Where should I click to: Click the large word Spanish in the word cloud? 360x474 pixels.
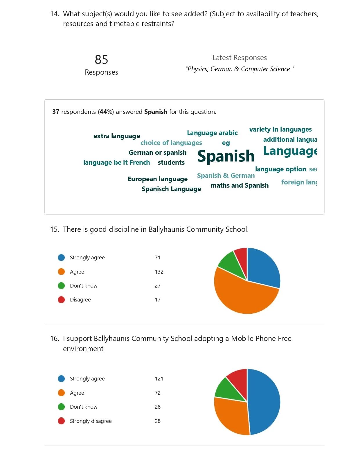[x=226, y=156]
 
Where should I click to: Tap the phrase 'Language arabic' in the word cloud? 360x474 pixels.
[x=212, y=133]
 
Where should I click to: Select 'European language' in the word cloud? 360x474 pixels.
[x=158, y=179]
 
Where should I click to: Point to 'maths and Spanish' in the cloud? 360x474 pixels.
[x=240, y=185]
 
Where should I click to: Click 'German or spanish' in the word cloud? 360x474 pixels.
[x=157, y=152]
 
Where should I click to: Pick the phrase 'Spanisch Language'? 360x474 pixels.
[x=171, y=189]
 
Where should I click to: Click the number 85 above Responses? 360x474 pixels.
[x=101, y=60]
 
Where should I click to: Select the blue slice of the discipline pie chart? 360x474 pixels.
[x=263, y=269]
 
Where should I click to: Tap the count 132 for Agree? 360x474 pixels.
[x=159, y=272]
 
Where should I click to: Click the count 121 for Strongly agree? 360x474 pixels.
[x=159, y=379]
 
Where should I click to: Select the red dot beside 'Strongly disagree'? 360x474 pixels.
[x=62, y=421]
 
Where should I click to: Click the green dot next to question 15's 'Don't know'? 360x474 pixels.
[x=62, y=286]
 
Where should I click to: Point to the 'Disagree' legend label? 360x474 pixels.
[x=80, y=300]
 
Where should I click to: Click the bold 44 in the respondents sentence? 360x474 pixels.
[x=103, y=112]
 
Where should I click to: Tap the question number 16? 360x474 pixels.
[x=55, y=339]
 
